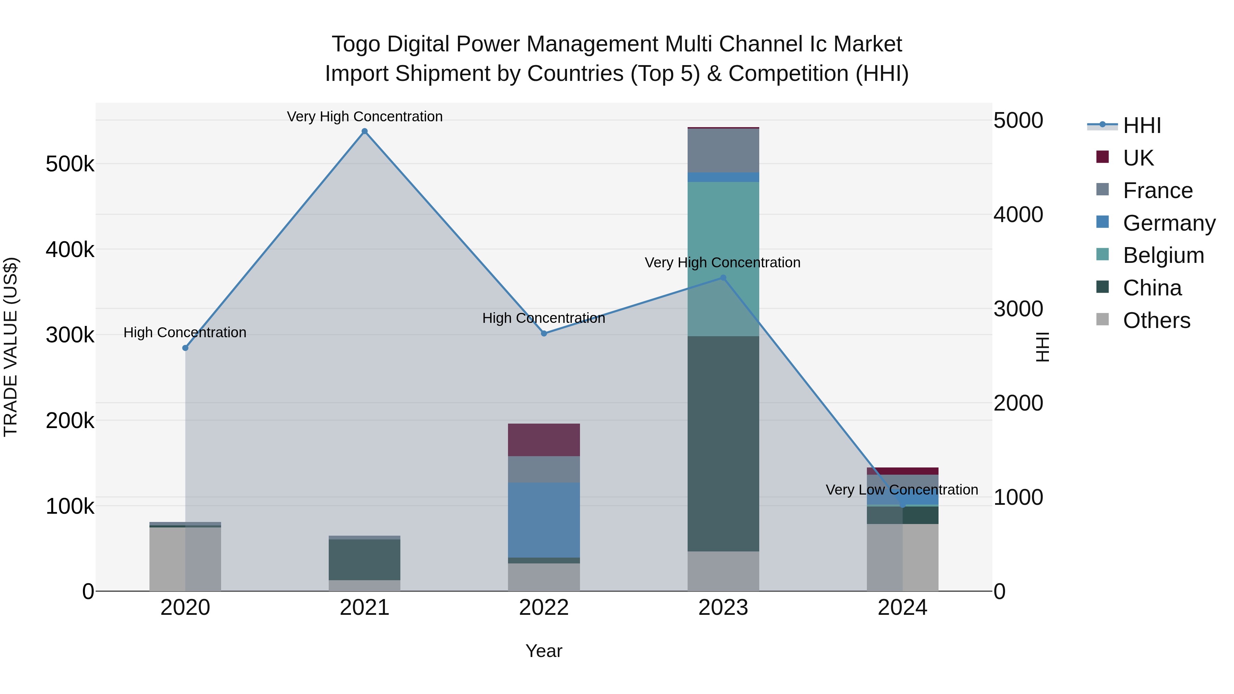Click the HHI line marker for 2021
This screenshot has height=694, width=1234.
point(365,131)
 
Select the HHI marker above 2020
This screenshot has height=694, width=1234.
point(185,348)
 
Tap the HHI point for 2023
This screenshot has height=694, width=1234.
point(723,278)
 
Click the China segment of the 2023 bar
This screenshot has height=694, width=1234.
point(723,443)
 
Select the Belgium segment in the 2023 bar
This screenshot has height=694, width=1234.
point(723,259)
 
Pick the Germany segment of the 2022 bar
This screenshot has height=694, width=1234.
point(544,520)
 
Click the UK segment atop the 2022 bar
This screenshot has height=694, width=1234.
point(544,440)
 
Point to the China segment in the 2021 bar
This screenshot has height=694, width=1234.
point(365,559)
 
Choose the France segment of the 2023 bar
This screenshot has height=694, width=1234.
point(723,150)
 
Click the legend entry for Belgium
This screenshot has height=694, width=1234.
point(1163,255)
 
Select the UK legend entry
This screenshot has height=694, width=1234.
point(1138,158)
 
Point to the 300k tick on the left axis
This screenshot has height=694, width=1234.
point(70,335)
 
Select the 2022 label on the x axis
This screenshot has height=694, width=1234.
point(544,608)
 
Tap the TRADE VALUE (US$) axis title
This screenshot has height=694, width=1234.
point(11,347)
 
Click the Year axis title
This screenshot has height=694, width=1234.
point(544,651)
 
